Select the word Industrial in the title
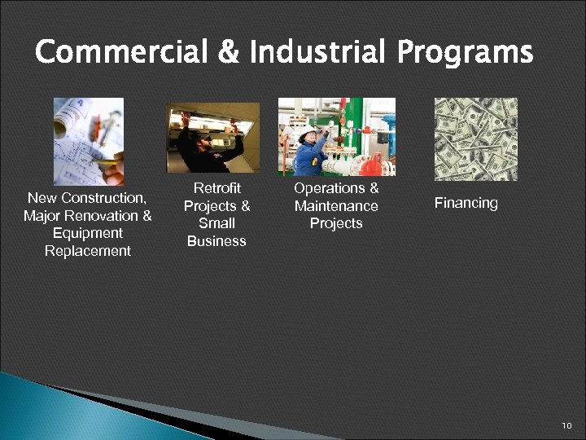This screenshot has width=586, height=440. tap(318, 54)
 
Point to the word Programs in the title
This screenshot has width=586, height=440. tap(465, 54)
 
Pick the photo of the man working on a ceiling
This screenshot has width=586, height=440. tap(213, 138)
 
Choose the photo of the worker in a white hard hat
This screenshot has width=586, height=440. tap(337, 137)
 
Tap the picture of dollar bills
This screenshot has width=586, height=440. tap(476, 139)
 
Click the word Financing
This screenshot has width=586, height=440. tap(466, 203)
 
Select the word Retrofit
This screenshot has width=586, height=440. tap(217, 189)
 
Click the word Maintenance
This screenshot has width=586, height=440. tap(336, 206)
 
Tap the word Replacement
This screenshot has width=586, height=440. tap(88, 251)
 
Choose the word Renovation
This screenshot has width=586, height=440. tap(106, 216)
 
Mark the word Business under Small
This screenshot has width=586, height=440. tap(216, 241)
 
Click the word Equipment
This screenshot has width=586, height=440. tap(88, 233)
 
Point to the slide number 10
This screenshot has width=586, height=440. tap(567, 426)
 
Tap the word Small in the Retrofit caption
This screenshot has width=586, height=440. tap(216, 223)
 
